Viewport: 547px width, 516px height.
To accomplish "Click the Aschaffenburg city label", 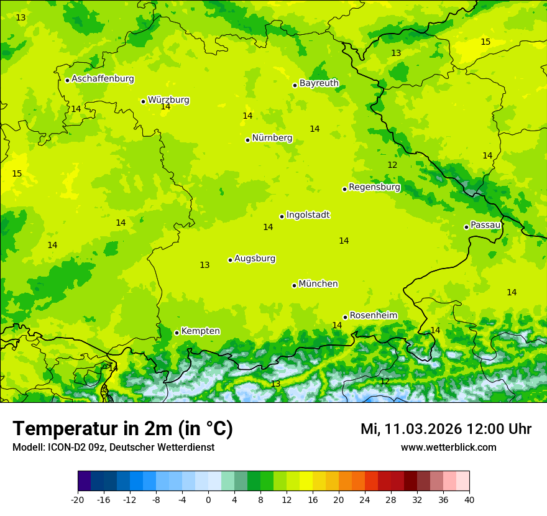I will [103, 79].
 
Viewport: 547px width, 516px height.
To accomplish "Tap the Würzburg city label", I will [168, 100].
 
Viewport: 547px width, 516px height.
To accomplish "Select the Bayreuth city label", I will [319, 83].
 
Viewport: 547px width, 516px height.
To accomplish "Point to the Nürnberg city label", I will [272, 138].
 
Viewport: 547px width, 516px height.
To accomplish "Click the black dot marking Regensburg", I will [344, 189].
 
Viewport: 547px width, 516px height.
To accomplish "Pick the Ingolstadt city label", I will [308, 215].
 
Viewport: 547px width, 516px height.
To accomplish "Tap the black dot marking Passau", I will [466, 227].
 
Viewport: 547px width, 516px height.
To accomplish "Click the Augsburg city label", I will [255, 259].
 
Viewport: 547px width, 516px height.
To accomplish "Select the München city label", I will [318, 284].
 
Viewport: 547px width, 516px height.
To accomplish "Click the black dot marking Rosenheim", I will [345, 317].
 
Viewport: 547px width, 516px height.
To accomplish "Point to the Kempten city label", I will [200, 331].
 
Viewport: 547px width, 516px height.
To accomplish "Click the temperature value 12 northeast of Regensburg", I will [392, 165].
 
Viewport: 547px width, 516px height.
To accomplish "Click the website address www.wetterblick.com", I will [448, 448].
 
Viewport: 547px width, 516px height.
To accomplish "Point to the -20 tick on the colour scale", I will [78, 499].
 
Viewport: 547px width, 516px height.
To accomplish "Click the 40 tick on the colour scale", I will [469, 499].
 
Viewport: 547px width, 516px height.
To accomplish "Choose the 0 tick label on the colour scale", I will [208, 499].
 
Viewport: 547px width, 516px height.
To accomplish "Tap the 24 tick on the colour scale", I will [365, 499].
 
